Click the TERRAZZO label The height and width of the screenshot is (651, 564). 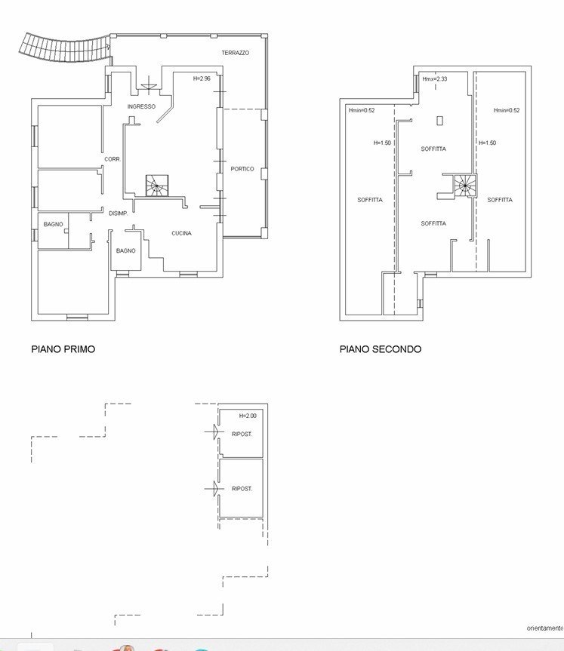point(236,53)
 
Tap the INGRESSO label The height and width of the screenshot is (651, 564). point(141,106)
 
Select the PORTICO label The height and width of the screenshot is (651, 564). point(242,169)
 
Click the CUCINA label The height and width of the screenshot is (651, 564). point(182,233)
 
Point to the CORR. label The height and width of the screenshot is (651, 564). point(112,159)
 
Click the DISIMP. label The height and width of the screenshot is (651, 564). point(119,213)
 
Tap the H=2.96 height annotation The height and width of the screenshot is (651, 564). point(202,78)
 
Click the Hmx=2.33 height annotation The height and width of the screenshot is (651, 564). point(435,79)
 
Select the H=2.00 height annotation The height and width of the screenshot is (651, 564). point(248,416)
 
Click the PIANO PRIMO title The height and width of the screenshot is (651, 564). point(63,349)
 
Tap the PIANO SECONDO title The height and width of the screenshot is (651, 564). point(381,349)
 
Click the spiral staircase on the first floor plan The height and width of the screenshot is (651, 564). point(157,186)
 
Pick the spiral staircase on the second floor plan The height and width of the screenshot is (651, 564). point(464,185)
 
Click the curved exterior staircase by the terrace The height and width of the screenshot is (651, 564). point(64,48)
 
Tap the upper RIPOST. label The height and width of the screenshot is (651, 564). point(242,435)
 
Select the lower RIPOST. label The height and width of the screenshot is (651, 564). point(242,489)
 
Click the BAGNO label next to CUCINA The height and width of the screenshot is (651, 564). point(126,250)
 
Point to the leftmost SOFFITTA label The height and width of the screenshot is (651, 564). point(370,200)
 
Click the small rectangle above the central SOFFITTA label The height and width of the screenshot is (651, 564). point(439,121)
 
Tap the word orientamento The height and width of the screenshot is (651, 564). point(545,628)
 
